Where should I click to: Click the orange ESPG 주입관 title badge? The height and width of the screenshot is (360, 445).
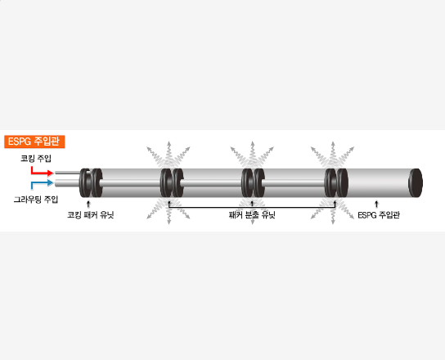(34, 142)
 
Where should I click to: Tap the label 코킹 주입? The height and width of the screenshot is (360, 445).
(36, 158)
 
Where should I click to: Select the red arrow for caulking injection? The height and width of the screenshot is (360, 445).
(42, 171)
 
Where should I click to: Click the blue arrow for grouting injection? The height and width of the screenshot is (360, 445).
(42, 184)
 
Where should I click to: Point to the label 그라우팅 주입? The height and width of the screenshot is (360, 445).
(36, 200)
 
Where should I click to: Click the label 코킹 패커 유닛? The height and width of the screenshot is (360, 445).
(91, 214)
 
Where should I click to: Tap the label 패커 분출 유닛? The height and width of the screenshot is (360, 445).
(252, 215)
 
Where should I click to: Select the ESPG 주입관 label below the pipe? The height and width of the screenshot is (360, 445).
(379, 215)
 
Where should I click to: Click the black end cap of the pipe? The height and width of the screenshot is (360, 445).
(416, 183)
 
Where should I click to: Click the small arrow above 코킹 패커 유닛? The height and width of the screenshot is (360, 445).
(88, 204)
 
